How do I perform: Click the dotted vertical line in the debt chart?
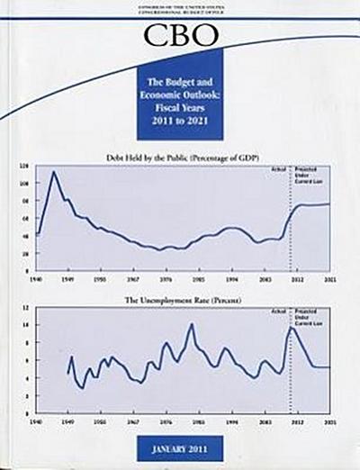[x=291, y=225]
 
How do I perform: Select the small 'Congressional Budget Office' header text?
[x=184, y=14]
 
